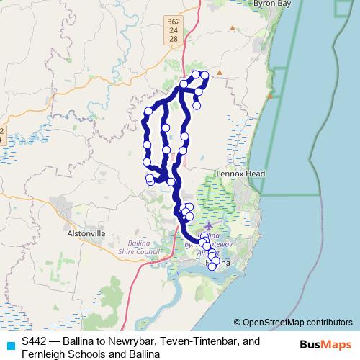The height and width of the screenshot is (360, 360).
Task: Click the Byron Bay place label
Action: pyautogui.click(x=270, y=4)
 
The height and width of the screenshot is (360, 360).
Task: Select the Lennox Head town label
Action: pyautogui.click(x=241, y=174)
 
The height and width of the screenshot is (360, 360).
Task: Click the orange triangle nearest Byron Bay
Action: pyautogui.click(x=232, y=28)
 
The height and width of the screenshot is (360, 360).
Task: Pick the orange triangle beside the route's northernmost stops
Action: pyautogui.click(x=220, y=72)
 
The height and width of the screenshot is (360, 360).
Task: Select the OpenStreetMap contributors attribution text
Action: pyautogui.click(x=297, y=323)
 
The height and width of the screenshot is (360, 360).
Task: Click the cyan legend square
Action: pyautogui.click(x=10, y=346)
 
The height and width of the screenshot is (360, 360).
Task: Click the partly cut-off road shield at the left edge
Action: pyautogui.click(x=2, y=135)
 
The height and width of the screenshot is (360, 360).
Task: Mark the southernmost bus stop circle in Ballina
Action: pyautogui.click(x=212, y=266)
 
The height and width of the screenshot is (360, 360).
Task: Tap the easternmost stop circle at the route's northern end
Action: pyautogui.click(x=204, y=76)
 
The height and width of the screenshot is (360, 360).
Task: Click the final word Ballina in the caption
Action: pyautogui.click(x=141, y=352)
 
